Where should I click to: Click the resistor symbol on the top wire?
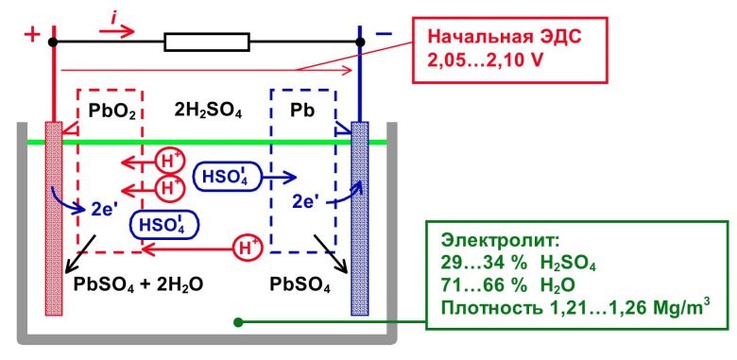207,42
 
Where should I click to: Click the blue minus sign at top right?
384,35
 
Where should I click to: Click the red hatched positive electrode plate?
54,217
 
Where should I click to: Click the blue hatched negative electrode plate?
359,217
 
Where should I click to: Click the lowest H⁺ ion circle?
247,249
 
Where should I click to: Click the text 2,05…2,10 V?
484,59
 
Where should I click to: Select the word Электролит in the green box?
493,239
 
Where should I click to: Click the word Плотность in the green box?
488,304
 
